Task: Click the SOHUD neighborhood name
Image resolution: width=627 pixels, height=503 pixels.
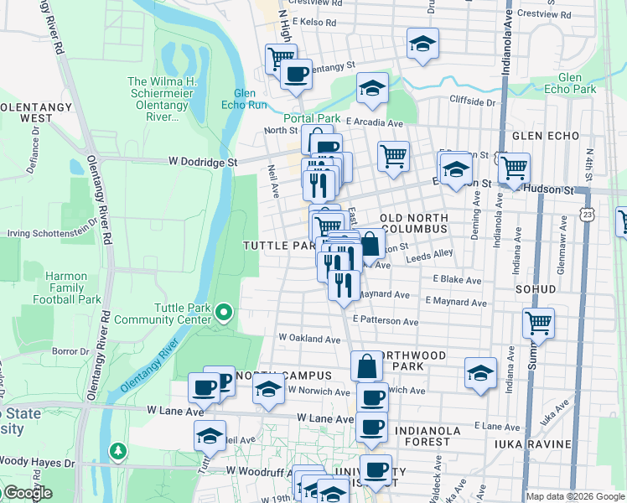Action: point(536,289)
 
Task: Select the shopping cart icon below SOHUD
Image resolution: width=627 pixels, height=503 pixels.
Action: point(538,322)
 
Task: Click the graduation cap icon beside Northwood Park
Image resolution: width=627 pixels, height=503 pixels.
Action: point(481,372)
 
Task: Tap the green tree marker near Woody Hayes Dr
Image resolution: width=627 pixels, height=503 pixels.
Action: point(119,452)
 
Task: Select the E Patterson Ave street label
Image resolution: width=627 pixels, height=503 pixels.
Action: point(386,321)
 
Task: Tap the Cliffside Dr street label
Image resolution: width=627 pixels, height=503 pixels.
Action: point(473,102)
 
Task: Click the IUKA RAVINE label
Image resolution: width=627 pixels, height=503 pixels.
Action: point(532,443)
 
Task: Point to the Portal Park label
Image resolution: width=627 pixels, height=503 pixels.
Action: point(311,118)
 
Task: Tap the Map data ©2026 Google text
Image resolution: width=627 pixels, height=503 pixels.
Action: point(575,496)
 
